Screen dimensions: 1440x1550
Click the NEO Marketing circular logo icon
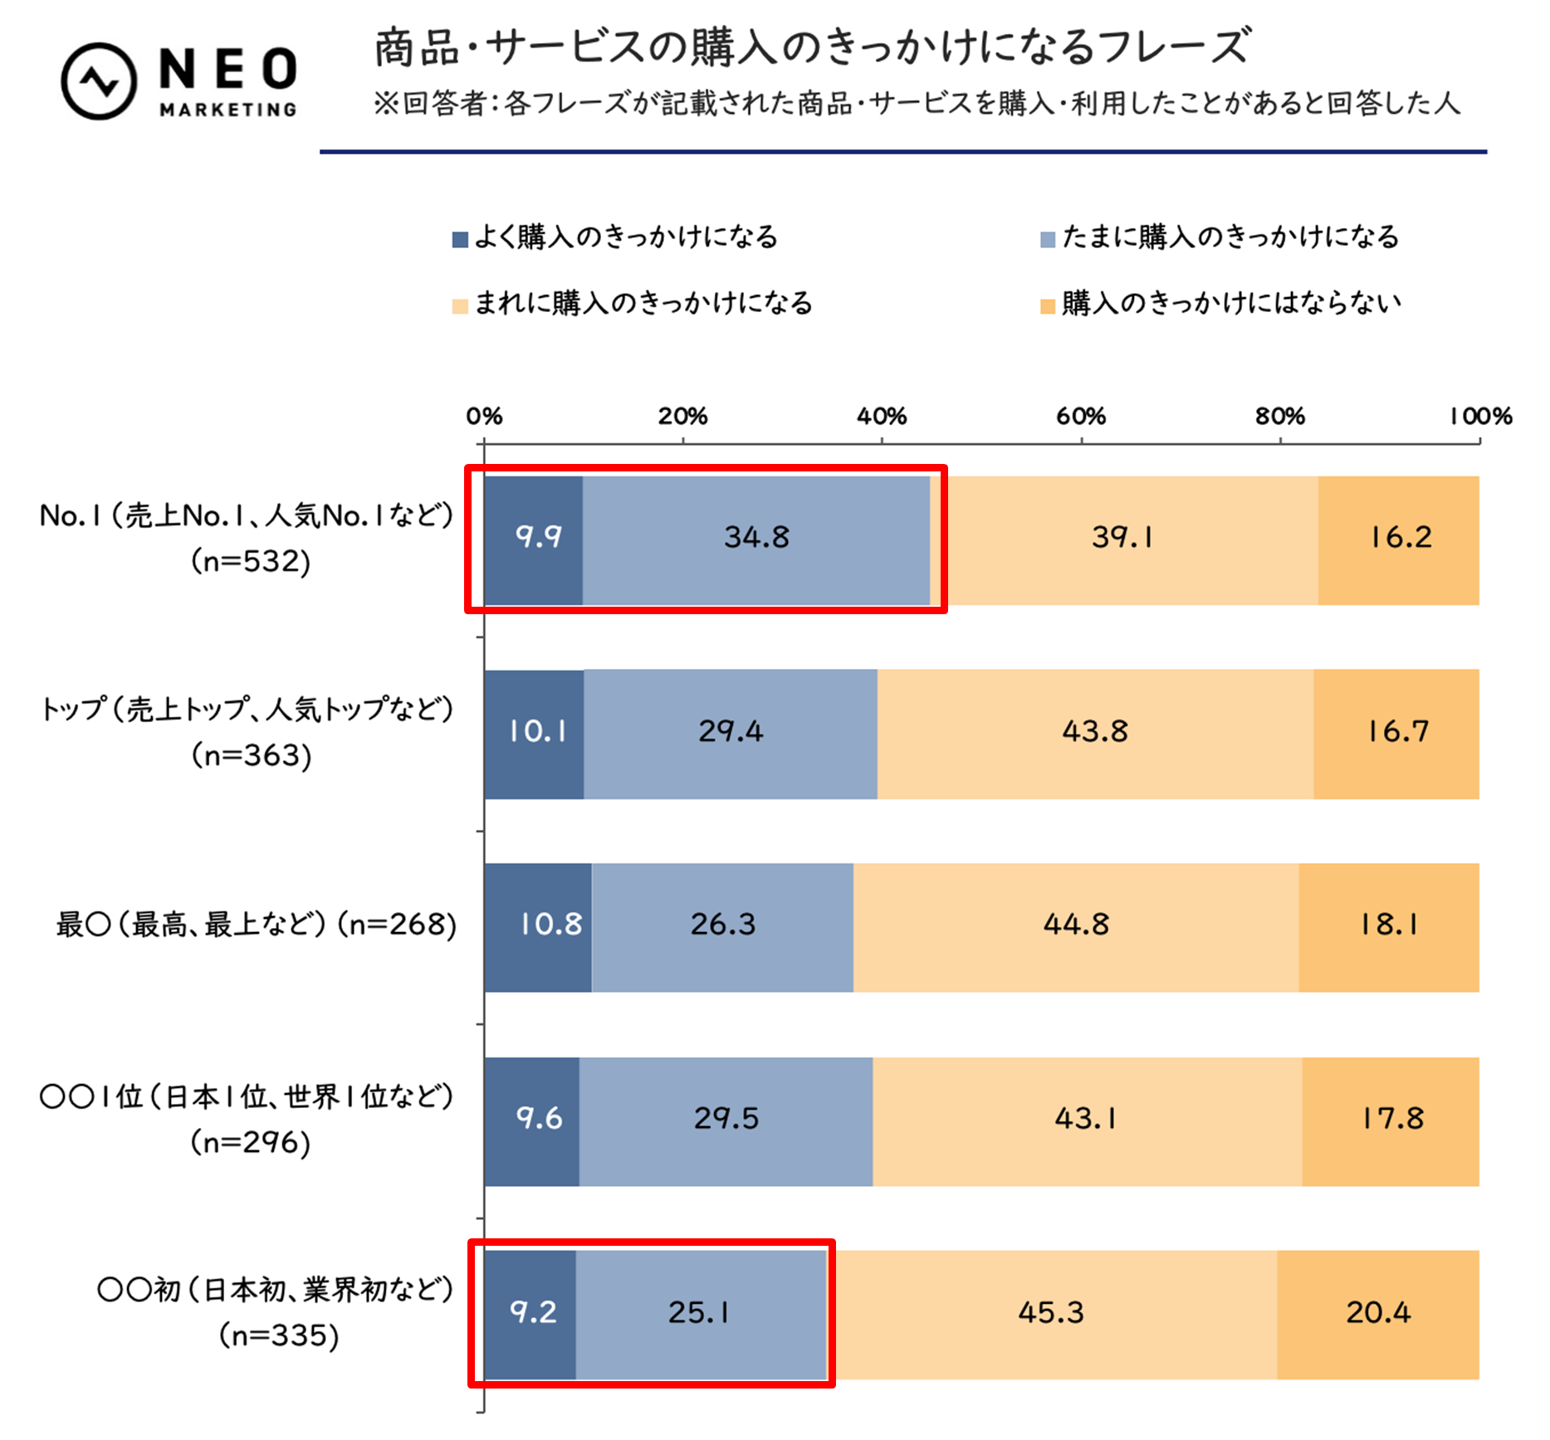[x=99, y=81]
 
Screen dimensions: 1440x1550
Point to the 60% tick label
[x=1080, y=417]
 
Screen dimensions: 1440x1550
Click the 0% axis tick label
[x=484, y=417]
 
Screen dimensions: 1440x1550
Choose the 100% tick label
[x=1480, y=417]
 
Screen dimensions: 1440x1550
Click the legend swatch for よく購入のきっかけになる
[x=460, y=240]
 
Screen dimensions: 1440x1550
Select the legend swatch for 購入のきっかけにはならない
[x=1048, y=306]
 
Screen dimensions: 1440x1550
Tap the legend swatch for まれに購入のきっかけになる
[x=460, y=306]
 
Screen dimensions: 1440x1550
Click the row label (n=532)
[x=250, y=562]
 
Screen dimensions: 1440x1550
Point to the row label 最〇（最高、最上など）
[x=191, y=925]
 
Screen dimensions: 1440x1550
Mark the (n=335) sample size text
[x=279, y=1336]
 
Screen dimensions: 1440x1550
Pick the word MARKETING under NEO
[x=228, y=110]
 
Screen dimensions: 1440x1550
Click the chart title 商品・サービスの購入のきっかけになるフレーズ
[x=811, y=47]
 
